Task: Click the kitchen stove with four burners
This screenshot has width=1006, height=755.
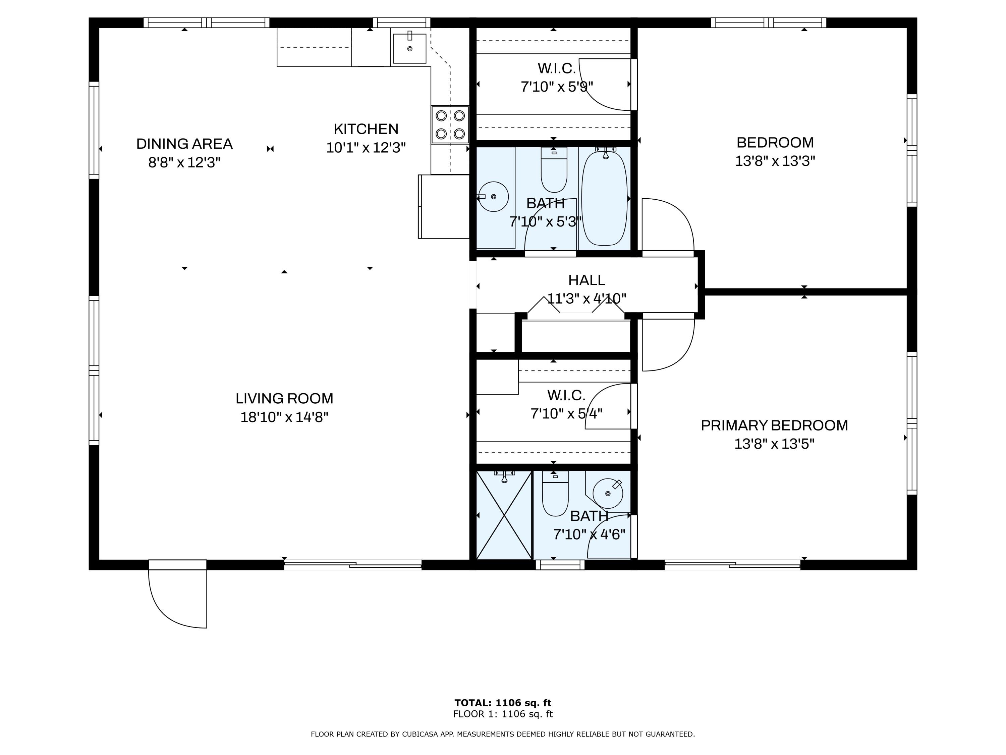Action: tap(450, 125)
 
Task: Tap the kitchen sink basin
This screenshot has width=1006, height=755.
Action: tap(409, 49)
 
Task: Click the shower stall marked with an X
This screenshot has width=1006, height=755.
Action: tap(504, 515)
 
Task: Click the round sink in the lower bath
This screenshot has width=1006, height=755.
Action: tap(608, 493)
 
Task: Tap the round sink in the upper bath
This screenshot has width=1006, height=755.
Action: tap(494, 197)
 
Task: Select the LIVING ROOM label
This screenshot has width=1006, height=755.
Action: tap(284, 399)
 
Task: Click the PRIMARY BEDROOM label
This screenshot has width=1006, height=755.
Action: tap(774, 425)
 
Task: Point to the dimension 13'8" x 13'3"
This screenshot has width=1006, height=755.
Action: tap(775, 161)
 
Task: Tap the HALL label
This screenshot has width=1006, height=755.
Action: tap(586, 280)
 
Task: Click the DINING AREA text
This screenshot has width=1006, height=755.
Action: tap(184, 144)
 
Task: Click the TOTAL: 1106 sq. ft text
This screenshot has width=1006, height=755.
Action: tap(503, 703)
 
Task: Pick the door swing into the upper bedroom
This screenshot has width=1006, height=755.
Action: tap(668, 225)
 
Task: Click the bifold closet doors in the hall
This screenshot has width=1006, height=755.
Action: tap(576, 306)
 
